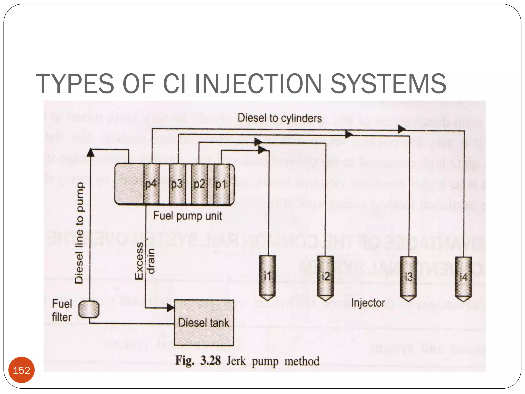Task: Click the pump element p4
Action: pos(151,184)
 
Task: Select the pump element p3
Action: pos(177,184)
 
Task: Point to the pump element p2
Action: pos(199,184)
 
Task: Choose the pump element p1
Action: pos(221,184)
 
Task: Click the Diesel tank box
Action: pos(204,323)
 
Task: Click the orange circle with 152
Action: pos(22,370)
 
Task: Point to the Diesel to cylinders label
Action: pos(279,118)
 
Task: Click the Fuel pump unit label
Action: pos(187,216)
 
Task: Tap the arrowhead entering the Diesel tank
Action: pos(170,308)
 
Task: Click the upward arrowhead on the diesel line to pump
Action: pos(90,152)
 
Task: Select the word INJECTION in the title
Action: pos(258,84)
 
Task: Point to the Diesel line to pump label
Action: pos(79,233)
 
